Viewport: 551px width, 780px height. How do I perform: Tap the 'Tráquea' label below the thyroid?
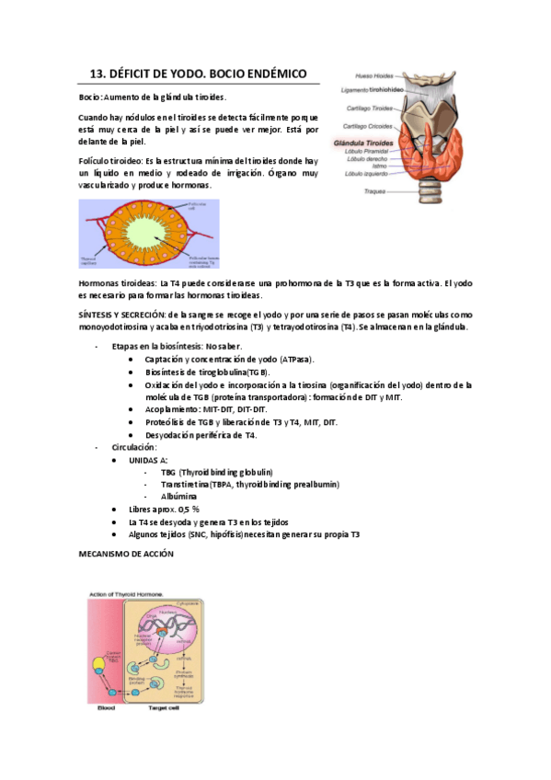[375, 190]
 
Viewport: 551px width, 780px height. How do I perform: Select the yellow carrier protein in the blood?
[98, 666]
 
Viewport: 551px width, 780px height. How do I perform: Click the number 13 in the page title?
[97, 75]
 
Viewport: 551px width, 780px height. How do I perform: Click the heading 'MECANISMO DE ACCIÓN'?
[127, 556]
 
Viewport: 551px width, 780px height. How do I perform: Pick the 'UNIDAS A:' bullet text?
[148, 460]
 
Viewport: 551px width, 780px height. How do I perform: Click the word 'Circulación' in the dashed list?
[134, 447]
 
